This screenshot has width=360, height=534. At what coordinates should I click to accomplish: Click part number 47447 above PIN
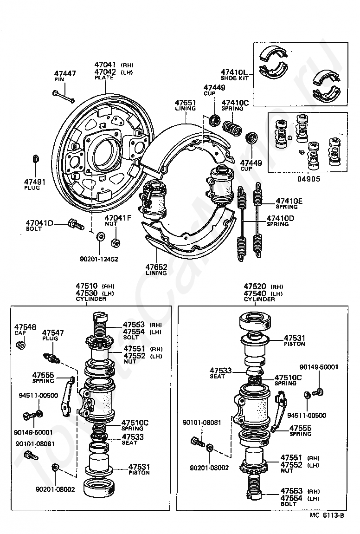pyautogui.click(x=65, y=74)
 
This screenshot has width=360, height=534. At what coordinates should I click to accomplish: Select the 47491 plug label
pyautogui.click(x=35, y=182)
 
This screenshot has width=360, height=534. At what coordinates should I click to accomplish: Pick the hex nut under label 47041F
pyautogui.click(x=116, y=242)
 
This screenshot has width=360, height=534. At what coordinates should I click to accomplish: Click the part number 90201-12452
pyautogui.click(x=99, y=259)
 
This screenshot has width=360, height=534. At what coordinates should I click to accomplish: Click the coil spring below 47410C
pyautogui.click(x=231, y=127)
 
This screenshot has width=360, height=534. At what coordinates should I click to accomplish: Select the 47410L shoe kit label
pyautogui.click(x=234, y=72)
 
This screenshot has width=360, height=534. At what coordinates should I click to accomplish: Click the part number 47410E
pyautogui.click(x=289, y=201)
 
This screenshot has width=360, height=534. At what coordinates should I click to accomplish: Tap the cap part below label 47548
pyautogui.click(x=20, y=346)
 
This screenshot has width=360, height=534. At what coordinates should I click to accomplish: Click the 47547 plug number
pyautogui.click(x=53, y=333)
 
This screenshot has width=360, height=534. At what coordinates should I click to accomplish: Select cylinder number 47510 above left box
pyautogui.click(x=87, y=286)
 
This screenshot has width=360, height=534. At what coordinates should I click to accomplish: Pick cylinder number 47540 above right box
pyautogui.click(x=255, y=293)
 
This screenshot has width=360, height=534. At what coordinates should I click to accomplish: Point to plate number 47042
pyautogui.click(x=106, y=72)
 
